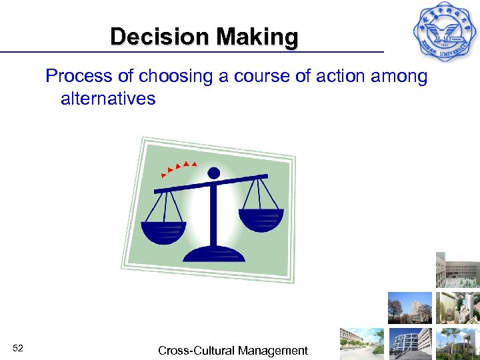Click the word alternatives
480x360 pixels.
(108, 99)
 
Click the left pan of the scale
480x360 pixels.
(164, 228)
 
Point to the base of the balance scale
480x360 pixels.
(213, 254)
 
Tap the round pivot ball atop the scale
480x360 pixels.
(213, 173)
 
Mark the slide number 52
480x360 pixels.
(19, 348)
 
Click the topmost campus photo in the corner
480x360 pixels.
(458, 269)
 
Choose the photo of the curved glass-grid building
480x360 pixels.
(409, 343)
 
